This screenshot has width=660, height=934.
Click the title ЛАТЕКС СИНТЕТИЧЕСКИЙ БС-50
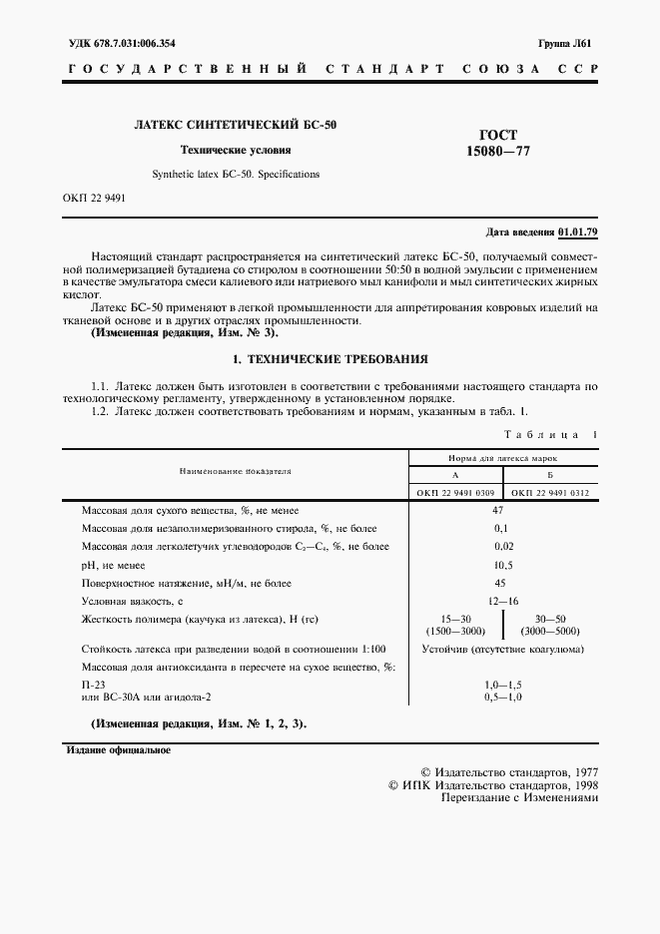click(235, 126)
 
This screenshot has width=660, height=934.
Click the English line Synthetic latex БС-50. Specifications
click(235, 173)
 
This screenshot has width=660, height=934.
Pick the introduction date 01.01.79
click(579, 232)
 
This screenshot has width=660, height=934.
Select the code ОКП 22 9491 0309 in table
click(454, 492)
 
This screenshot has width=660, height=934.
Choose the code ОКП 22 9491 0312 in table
click(549, 492)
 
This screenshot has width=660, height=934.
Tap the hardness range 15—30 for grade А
click(454, 619)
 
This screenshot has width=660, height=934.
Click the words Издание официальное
click(118, 749)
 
